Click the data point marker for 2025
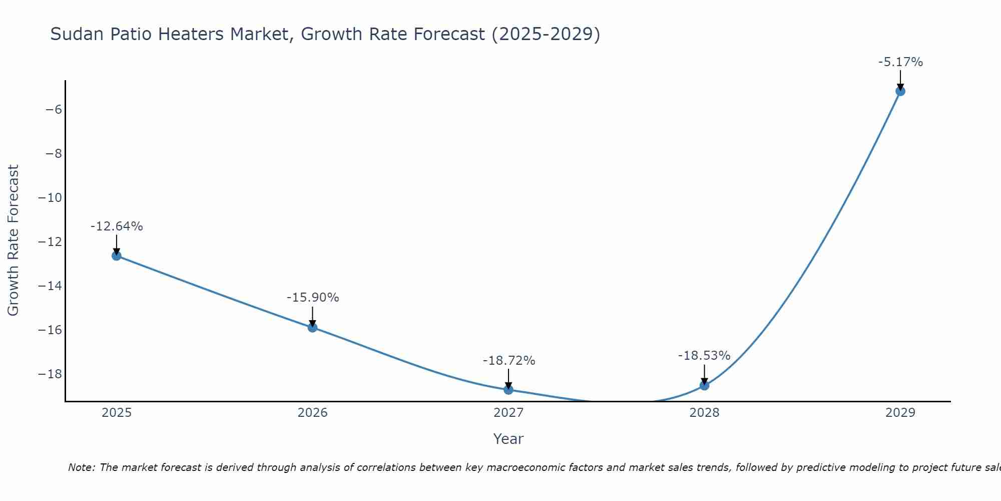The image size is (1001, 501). point(117,256)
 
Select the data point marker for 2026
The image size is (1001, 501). point(312,328)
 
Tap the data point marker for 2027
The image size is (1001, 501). point(509,390)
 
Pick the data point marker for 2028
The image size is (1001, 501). point(704,385)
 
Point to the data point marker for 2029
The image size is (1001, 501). point(900,91)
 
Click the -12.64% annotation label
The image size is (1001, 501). point(117,226)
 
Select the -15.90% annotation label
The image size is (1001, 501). point(313,298)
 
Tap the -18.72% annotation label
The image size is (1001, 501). point(509,361)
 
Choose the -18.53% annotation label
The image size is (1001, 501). point(704,356)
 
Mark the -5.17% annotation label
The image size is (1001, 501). point(900,62)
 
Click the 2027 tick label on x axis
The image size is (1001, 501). point(509,413)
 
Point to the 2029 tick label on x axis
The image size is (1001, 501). point(900,413)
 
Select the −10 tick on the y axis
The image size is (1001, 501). point(50,197)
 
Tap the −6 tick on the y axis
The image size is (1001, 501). point(54,109)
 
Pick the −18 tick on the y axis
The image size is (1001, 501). point(50,374)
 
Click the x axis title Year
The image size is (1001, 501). point(509,439)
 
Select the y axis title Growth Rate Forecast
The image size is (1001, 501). point(13,240)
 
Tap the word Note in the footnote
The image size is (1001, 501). point(81,467)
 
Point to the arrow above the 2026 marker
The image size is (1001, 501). point(312,317)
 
